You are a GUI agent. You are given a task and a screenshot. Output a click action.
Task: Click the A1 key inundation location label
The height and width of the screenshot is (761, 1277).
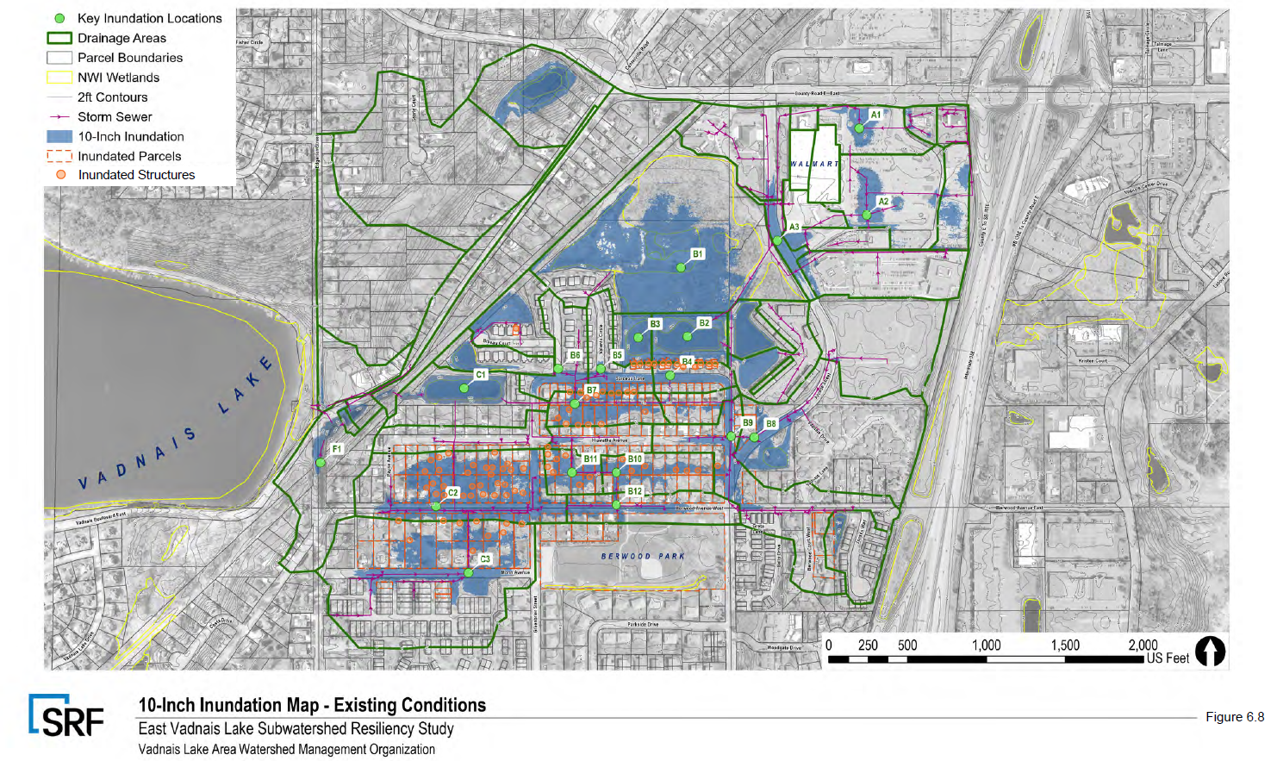click(875, 115)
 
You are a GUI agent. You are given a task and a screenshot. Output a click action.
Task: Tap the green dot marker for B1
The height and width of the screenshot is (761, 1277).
click(681, 268)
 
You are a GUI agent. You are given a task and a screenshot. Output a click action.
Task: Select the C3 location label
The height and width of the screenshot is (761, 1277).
click(485, 559)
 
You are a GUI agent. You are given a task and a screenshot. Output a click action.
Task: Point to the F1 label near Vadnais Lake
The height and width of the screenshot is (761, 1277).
click(337, 449)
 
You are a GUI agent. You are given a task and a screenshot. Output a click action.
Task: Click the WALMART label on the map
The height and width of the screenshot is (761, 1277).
click(813, 164)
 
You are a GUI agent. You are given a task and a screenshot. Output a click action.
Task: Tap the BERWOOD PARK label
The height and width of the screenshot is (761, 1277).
click(643, 556)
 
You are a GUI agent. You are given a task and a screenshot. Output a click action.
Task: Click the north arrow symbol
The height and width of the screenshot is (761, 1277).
click(1210, 651)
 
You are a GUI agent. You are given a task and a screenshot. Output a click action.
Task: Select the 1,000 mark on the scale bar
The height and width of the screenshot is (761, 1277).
click(986, 645)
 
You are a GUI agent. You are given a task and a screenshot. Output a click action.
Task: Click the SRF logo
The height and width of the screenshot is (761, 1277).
click(66, 717)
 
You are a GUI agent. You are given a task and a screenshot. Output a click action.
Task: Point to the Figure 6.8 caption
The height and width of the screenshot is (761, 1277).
click(1234, 717)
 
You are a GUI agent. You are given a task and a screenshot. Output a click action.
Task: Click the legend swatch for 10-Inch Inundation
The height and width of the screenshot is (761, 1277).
click(59, 136)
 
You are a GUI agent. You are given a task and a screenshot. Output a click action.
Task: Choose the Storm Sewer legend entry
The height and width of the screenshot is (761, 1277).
click(115, 117)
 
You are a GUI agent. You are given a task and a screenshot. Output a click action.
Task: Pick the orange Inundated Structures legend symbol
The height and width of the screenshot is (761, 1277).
click(60, 174)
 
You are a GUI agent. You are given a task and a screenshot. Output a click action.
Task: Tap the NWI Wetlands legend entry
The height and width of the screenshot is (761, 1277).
click(118, 78)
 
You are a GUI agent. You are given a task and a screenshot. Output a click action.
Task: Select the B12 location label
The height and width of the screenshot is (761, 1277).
click(635, 491)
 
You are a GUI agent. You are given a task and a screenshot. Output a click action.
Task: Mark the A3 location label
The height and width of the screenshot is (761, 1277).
click(794, 228)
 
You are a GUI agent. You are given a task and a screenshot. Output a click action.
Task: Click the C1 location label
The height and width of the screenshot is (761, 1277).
click(481, 375)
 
